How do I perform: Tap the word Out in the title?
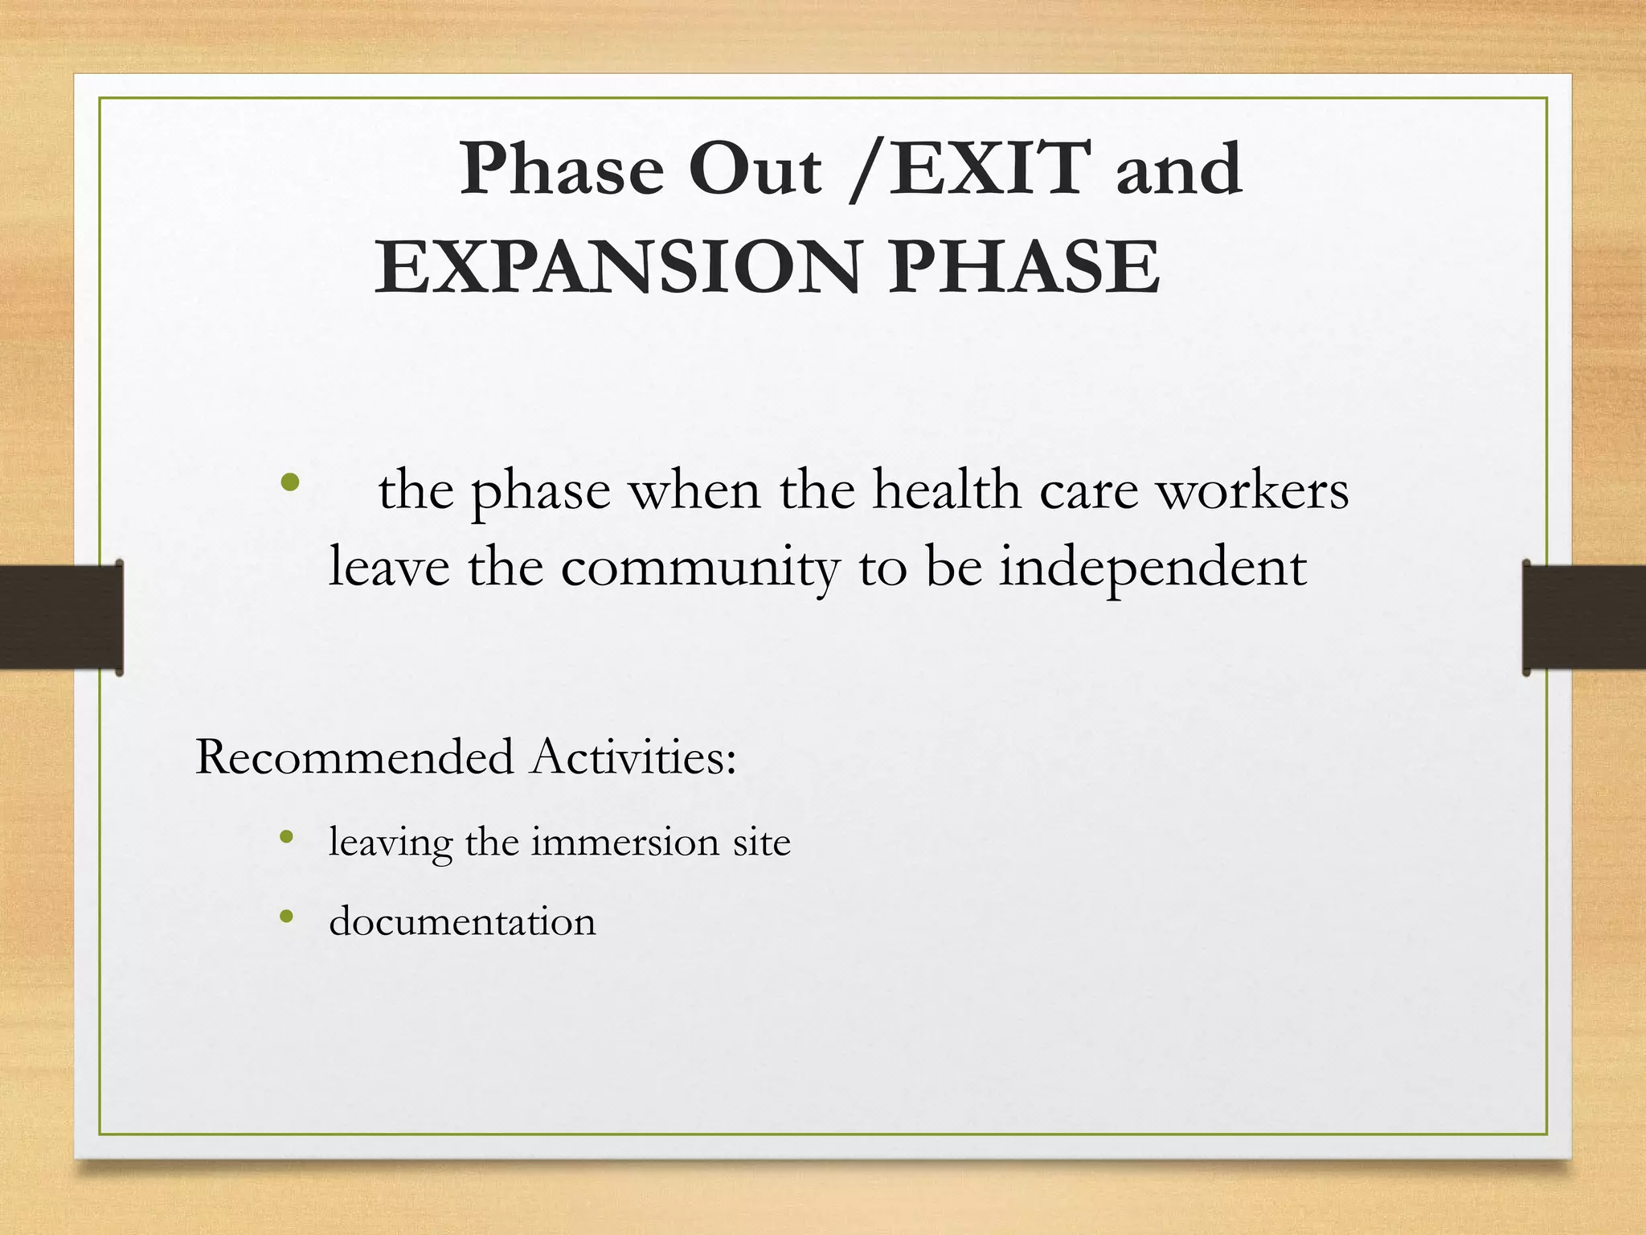pyautogui.click(x=755, y=170)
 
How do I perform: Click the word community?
pyautogui.click(x=700, y=568)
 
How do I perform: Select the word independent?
pyautogui.click(x=1153, y=568)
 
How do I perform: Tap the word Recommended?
pyautogui.click(x=354, y=757)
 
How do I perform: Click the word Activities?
pyautogui.click(x=633, y=757)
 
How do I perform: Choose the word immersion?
pyautogui.click(x=624, y=842)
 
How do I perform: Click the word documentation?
pyautogui.click(x=462, y=921)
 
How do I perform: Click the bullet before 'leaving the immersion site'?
pyautogui.click(x=286, y=838)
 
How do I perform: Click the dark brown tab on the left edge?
pyautogui.click(x=61, y=617)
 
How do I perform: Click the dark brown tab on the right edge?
pyautogui.click(x=1583, y=617)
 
